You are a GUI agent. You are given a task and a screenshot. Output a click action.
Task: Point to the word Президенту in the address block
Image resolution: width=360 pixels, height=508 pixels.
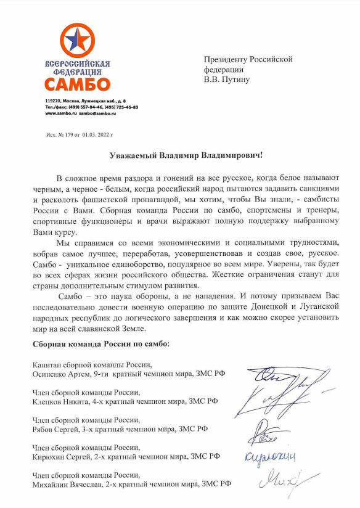(226, 59)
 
